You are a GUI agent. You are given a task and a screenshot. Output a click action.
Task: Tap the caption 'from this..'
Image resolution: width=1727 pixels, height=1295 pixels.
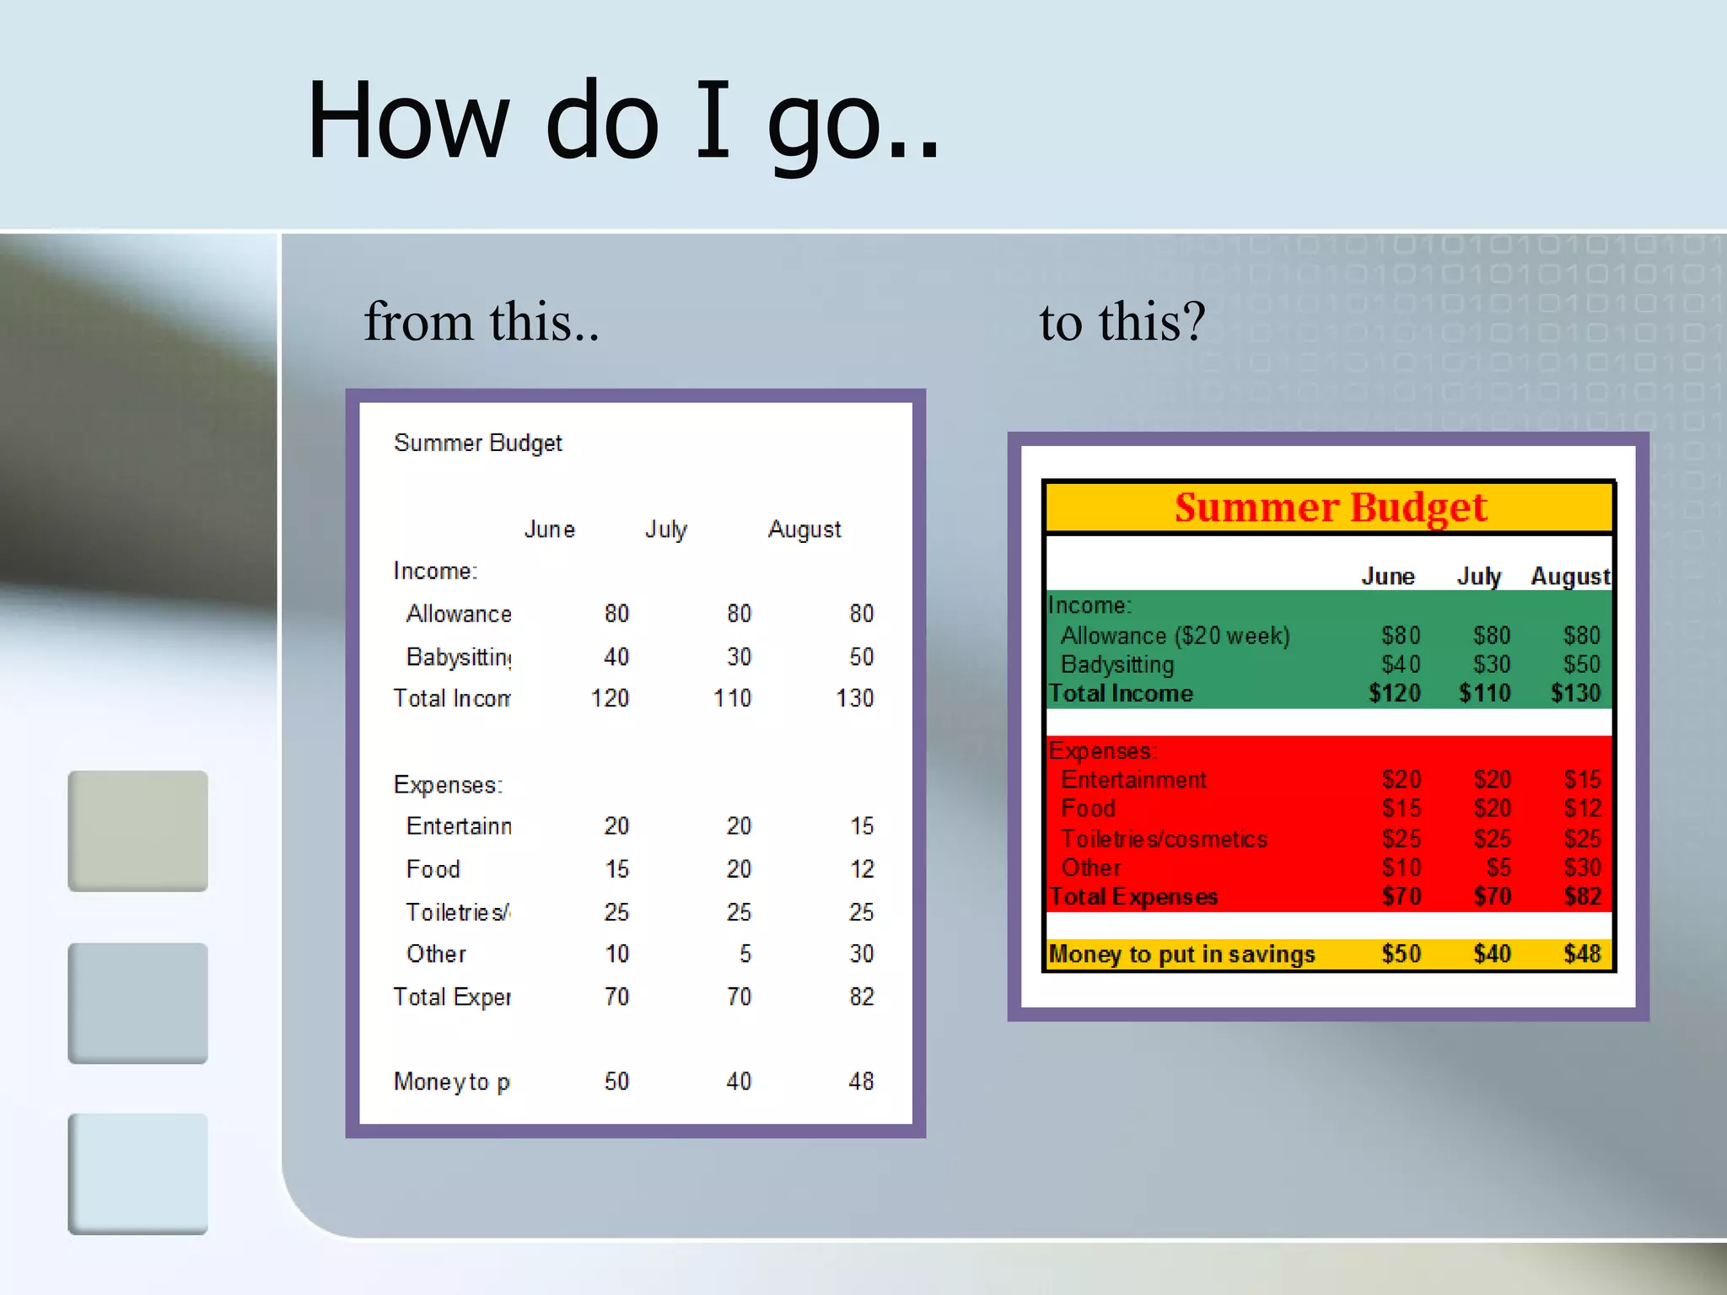(482, 322)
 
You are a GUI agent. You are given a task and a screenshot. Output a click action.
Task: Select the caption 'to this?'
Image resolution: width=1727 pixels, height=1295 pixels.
(1122, 322)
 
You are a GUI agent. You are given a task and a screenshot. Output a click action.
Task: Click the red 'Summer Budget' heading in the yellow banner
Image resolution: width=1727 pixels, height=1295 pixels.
(1330, 508)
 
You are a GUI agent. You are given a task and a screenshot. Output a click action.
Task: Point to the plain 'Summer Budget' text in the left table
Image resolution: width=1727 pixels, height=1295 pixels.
(477, 443)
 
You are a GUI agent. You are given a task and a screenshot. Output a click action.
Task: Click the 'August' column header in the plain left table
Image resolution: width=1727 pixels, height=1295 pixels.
(804, 529)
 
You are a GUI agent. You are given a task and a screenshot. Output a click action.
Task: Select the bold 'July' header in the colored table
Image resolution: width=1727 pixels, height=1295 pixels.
(1479, 577)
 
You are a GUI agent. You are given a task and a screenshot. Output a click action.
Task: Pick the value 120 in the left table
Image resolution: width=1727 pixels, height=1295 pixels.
(610, 698)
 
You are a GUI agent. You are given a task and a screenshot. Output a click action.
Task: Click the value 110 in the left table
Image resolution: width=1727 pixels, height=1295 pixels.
(732, 698)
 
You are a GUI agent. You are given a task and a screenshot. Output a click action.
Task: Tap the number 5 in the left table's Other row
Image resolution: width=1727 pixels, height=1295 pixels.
(745, 954)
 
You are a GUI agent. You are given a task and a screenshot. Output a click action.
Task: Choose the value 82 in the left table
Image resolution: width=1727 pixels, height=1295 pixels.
(861, 997)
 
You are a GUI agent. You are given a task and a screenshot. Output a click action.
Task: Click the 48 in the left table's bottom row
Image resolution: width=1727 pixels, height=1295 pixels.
(861, 1081)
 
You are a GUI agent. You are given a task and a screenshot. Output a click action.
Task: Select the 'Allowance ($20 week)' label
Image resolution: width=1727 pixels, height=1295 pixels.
(1175, 636)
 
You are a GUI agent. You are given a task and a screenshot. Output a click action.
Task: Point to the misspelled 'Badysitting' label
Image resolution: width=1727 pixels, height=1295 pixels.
(1116, 664)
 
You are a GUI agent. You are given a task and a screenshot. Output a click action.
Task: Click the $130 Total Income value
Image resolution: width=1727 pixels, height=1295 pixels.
(1575, 693)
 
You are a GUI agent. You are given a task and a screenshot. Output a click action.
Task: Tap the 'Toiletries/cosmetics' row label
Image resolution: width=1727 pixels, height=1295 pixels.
(1164, 839)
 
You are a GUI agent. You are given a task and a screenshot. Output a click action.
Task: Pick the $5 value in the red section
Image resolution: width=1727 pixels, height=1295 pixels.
(1498, 868)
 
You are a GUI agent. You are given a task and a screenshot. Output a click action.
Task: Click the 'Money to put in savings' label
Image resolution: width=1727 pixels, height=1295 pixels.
(1181, 954)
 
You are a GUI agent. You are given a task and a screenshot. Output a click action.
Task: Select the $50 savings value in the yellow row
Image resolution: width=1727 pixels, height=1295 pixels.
(1401, 954)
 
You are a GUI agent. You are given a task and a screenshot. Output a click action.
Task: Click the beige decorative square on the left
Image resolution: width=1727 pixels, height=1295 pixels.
(137, 830)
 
